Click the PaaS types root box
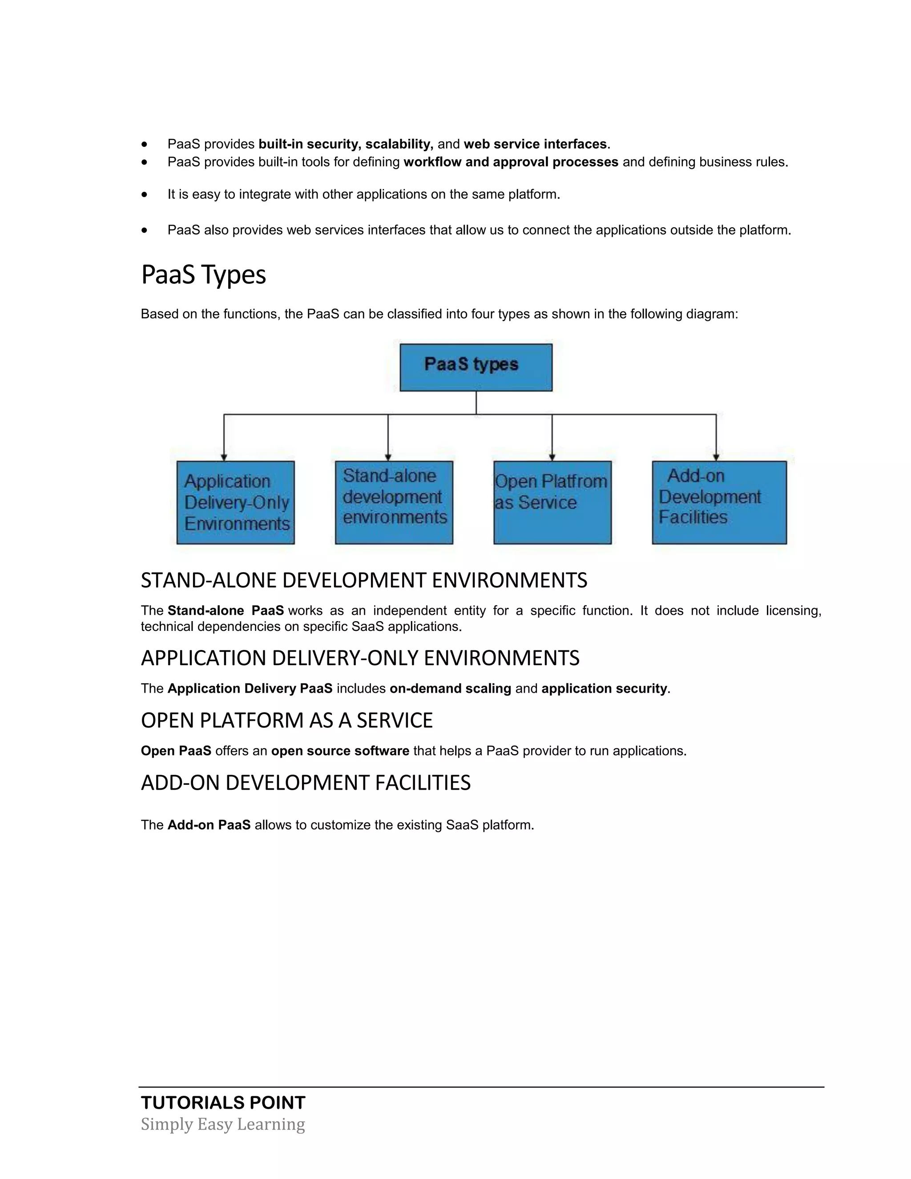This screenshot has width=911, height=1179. tap(476, 367)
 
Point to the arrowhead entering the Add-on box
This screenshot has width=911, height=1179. tap(716, 457)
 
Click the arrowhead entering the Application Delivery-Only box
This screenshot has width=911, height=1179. tap(224, 457)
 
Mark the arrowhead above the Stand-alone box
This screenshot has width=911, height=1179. tap(388, 457)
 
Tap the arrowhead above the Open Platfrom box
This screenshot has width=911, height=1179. tap(552, 457)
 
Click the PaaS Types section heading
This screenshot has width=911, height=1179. tap(203, 275)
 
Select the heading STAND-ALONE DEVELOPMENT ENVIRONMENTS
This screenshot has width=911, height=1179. tap(364, 580)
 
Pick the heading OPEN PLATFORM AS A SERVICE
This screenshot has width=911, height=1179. tap(286, 720)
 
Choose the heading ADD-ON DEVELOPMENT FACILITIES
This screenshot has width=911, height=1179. tap(306, 783)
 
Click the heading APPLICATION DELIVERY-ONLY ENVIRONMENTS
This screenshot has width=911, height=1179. tap(360, 658)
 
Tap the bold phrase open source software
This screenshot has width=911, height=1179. tap(340, 751)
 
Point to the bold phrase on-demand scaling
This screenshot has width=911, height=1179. tap(450, 688)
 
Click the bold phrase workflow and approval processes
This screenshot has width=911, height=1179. tap(511, 162)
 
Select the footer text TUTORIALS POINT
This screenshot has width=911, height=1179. tap(223, 1102)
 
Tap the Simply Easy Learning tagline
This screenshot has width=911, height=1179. tap(223, 1124)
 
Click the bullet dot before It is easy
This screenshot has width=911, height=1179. tap(144, 194)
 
